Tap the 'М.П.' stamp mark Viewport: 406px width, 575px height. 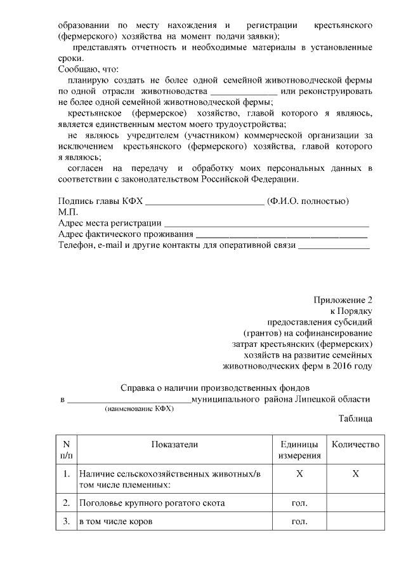click(68, 212)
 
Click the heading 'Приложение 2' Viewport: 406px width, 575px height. click(343, 299)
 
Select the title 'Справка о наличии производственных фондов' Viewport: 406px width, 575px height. click(215, 387)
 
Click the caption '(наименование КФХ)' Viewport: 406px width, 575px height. click(139, 410)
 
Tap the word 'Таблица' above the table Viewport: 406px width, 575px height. click(355, 419)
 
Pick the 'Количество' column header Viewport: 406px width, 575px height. click(355, 445)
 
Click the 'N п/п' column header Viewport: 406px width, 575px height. click(66, 450)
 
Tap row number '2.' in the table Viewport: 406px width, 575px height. click(66, 503)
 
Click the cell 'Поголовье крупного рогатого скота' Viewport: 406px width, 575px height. click(151, 503)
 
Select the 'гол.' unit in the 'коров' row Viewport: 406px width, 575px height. click(299, 522)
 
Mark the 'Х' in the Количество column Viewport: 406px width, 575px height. click(355, 474)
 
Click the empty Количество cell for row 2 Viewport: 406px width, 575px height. click(355, 503)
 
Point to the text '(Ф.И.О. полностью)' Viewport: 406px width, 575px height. click(308, 201)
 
